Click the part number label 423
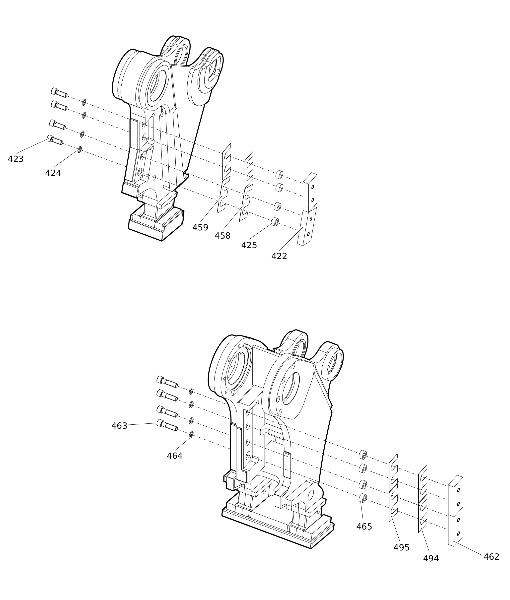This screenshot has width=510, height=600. coord(16,159)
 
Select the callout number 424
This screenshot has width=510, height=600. coord(53,173)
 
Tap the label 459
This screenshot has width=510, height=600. coord(200,228)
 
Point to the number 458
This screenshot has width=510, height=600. coord(222,236)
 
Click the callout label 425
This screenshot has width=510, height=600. coord(249,245)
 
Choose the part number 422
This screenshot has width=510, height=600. coord(279,256)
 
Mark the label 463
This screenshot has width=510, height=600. coord(119,426)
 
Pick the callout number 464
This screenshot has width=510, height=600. coord(175,456)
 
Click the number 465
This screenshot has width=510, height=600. coord(364,527)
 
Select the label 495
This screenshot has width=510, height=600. coord(401,548)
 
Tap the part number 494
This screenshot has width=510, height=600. coord(431,559)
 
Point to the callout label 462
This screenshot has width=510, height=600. coord(492,557)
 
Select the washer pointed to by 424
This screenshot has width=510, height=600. coord(80,149)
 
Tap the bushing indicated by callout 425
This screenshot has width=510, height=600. coord(276,222)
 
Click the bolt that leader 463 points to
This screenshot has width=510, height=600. coord(167,425)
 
